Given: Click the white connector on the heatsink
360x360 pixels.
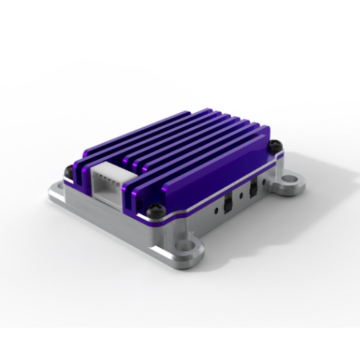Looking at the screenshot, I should point(107,179).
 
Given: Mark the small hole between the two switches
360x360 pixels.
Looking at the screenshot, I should point(241,196).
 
